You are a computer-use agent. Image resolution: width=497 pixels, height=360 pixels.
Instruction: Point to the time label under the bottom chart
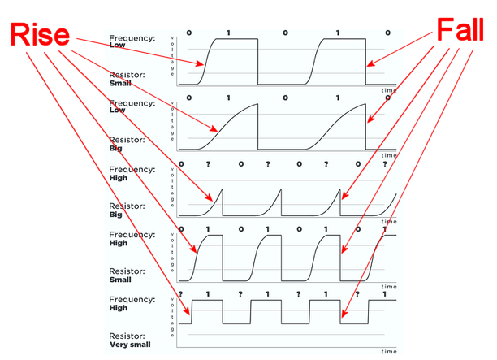coord(389,352)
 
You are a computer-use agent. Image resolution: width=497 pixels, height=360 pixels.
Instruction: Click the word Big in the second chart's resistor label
coord(115,150)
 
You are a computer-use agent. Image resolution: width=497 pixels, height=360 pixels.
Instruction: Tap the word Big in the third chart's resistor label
coord(115,215)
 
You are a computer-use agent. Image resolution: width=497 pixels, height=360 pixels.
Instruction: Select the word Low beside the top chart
coord(118,46)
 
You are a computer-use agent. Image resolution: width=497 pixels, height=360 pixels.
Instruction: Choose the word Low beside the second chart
coord(118,111)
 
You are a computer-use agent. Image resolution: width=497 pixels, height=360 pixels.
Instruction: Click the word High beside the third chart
coord(119,177)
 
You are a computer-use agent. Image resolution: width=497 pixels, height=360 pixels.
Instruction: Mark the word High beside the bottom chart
coord(119,308)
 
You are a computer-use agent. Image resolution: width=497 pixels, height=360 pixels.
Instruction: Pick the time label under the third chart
coord(389,220)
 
